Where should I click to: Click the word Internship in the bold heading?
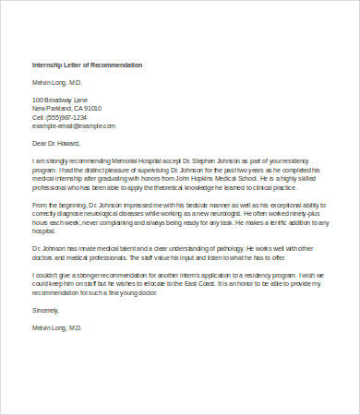[48, 66]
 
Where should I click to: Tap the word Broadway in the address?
[61, 99]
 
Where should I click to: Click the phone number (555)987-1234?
[66, 117]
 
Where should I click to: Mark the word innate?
[91, 246]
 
